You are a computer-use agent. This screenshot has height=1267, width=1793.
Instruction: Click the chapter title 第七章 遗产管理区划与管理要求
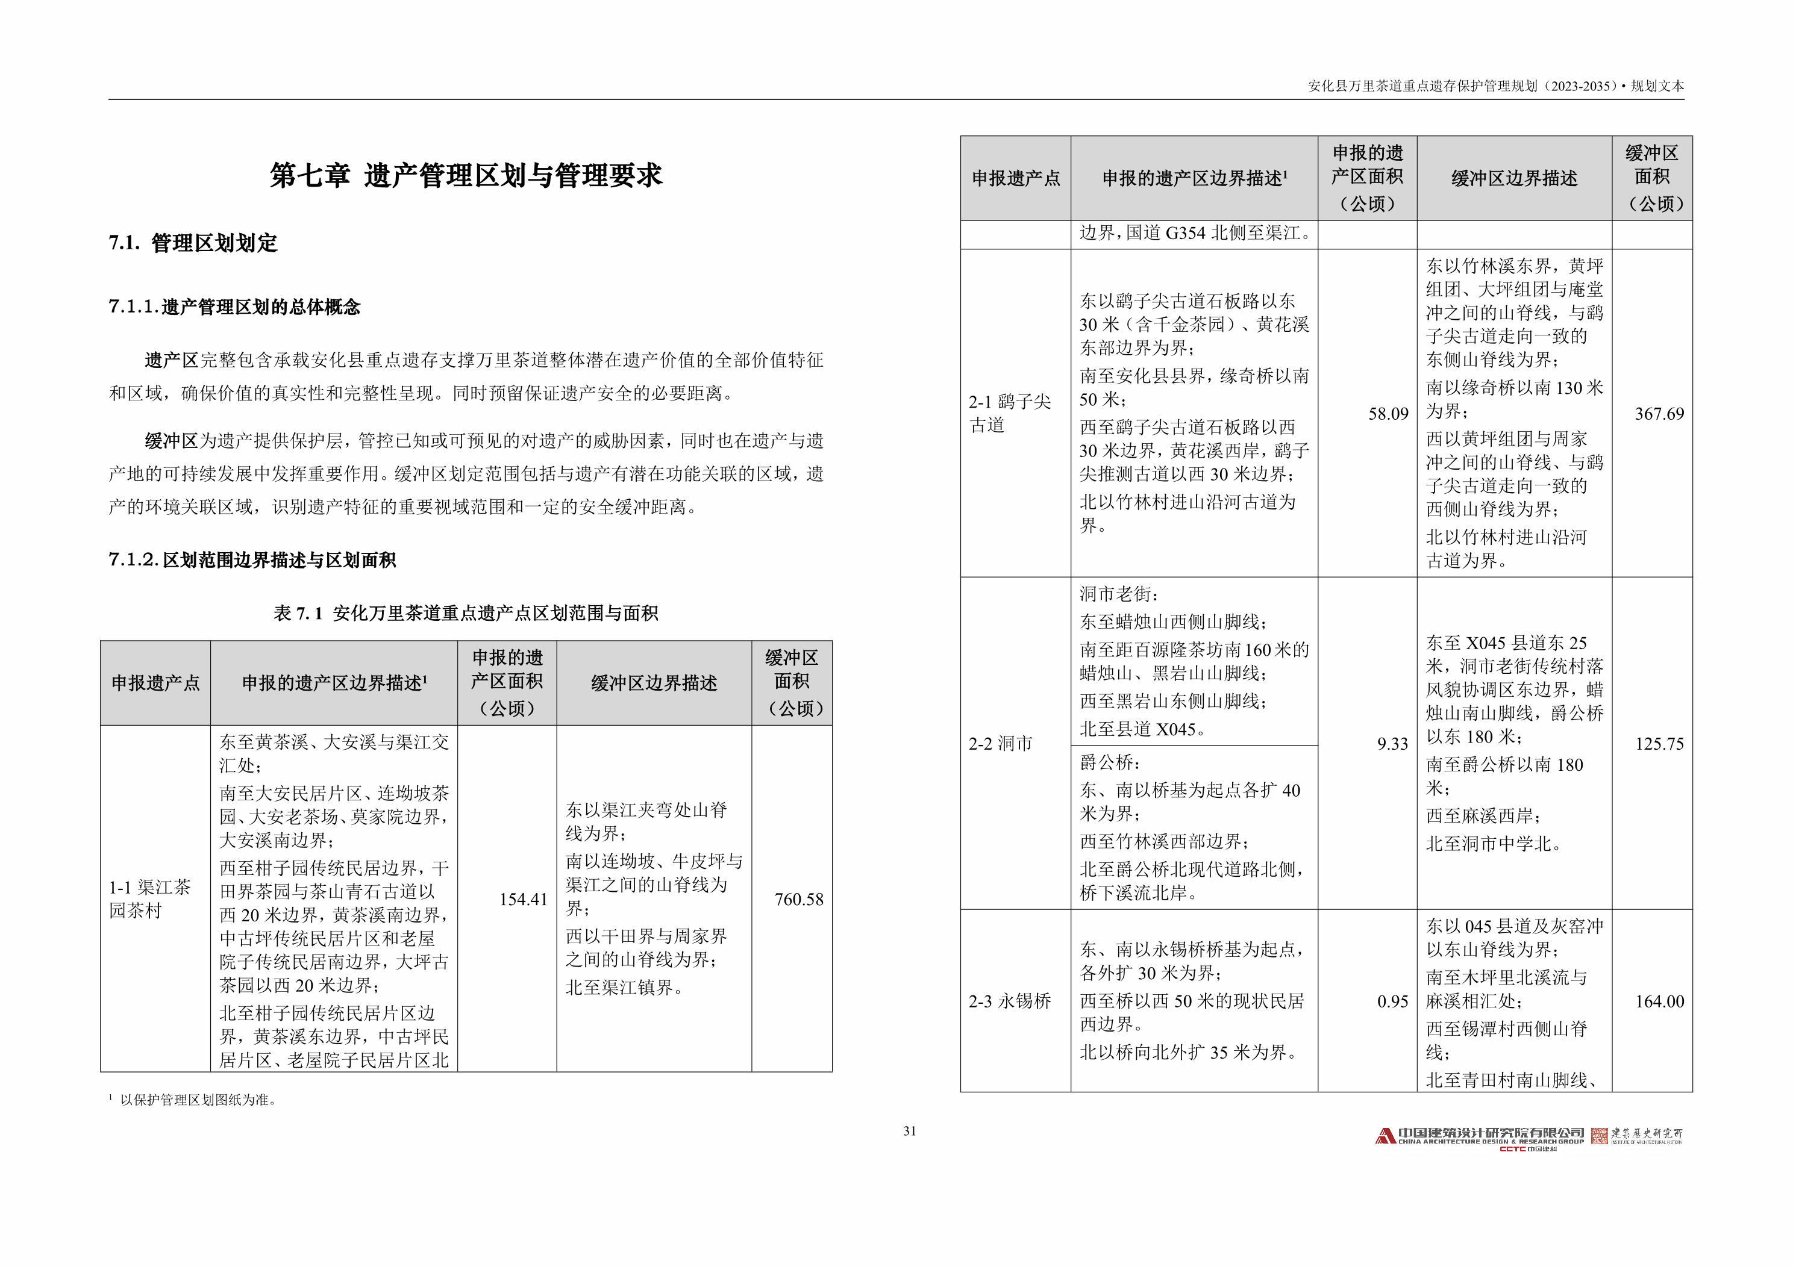click(x=466, y=175)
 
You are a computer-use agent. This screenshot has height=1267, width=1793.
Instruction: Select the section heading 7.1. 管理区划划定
click(x=193, y=243)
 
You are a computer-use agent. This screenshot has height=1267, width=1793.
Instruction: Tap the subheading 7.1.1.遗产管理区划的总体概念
click(x=234, y=307)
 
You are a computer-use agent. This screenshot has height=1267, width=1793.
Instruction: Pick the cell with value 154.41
click(x=522, y=899)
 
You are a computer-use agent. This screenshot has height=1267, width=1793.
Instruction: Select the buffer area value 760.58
click(x=798, y=899)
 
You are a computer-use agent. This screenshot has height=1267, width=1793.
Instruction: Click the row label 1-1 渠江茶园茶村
click(x=149, y=898)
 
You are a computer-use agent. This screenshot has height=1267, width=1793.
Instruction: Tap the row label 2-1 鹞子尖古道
click(x=1010, y=413)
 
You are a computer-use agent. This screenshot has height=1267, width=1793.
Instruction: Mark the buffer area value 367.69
click(x=1659, y=414)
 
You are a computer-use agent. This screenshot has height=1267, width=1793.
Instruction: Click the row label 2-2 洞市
click(x=1000, y=743)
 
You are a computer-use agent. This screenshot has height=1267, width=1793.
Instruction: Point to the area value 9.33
click(x=1392, y=744)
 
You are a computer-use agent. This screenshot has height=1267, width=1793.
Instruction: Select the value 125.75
click(x=1659, y=744)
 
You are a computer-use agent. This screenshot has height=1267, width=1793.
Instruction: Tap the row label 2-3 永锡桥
click(x=1010, y=1001)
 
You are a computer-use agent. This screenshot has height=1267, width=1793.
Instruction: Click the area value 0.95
click(x=1392, y=1001)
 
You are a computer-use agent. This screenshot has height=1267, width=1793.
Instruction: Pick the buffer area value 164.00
click(x=1659, y=1001)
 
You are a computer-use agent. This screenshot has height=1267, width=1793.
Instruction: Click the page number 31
click(x=910, y=1131)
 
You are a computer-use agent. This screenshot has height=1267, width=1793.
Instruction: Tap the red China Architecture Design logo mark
click(x=1385, y=1136)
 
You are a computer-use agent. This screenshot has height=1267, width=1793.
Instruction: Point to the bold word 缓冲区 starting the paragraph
click(x=171, y=441)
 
